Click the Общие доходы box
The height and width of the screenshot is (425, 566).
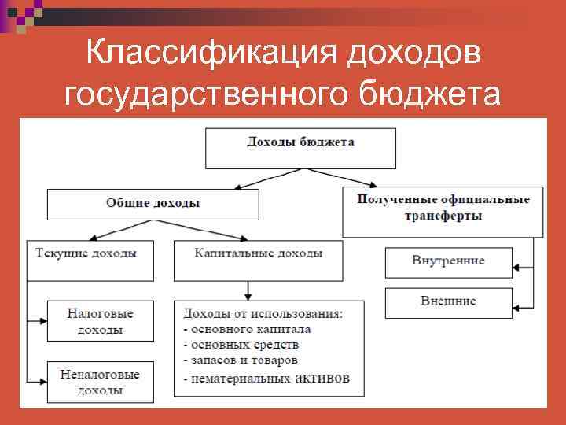[x=153, y=204]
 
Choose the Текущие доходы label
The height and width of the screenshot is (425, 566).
[x=86, y=253]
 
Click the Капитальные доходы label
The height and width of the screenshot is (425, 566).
[x=258, y=253]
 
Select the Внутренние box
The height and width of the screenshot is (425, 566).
[x=448, y=261]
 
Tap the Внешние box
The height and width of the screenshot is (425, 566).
[x=448, y=301]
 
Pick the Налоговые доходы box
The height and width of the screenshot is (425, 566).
[x=100, y=321]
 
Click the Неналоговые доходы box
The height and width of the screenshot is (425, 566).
[x=100, y=382]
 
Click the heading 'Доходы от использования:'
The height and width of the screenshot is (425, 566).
[x=263, y=313]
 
